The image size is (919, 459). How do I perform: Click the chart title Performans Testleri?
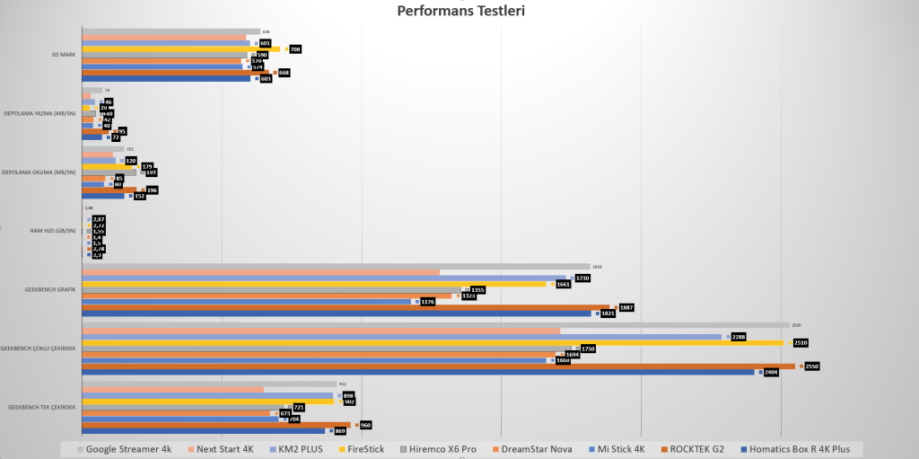pyautogui.click(x=460, y=11)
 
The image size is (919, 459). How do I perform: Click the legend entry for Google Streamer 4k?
pyautogui.click(x=129, y=448)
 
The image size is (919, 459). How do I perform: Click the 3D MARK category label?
pyautogui.click(x=63, y=54)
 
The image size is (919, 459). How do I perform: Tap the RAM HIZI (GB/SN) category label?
pyautogui.click(x=53, y=231)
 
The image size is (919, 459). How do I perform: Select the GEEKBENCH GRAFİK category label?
pyautogui.click(x=50, y=289)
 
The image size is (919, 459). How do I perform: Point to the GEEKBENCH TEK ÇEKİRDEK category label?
pyautogui.click(x=41, y=407)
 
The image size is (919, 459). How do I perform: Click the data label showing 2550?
pyautogui.click(x=812, y=366)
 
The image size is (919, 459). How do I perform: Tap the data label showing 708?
pyautogui.click(x=294, y=49)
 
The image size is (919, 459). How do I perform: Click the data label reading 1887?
pyautogui.click(x=626, y=307)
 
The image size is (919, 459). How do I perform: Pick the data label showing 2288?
pyautogui.click(x=739, y=337)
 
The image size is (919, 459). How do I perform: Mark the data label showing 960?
pyautogui.click(x=365, y=425)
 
